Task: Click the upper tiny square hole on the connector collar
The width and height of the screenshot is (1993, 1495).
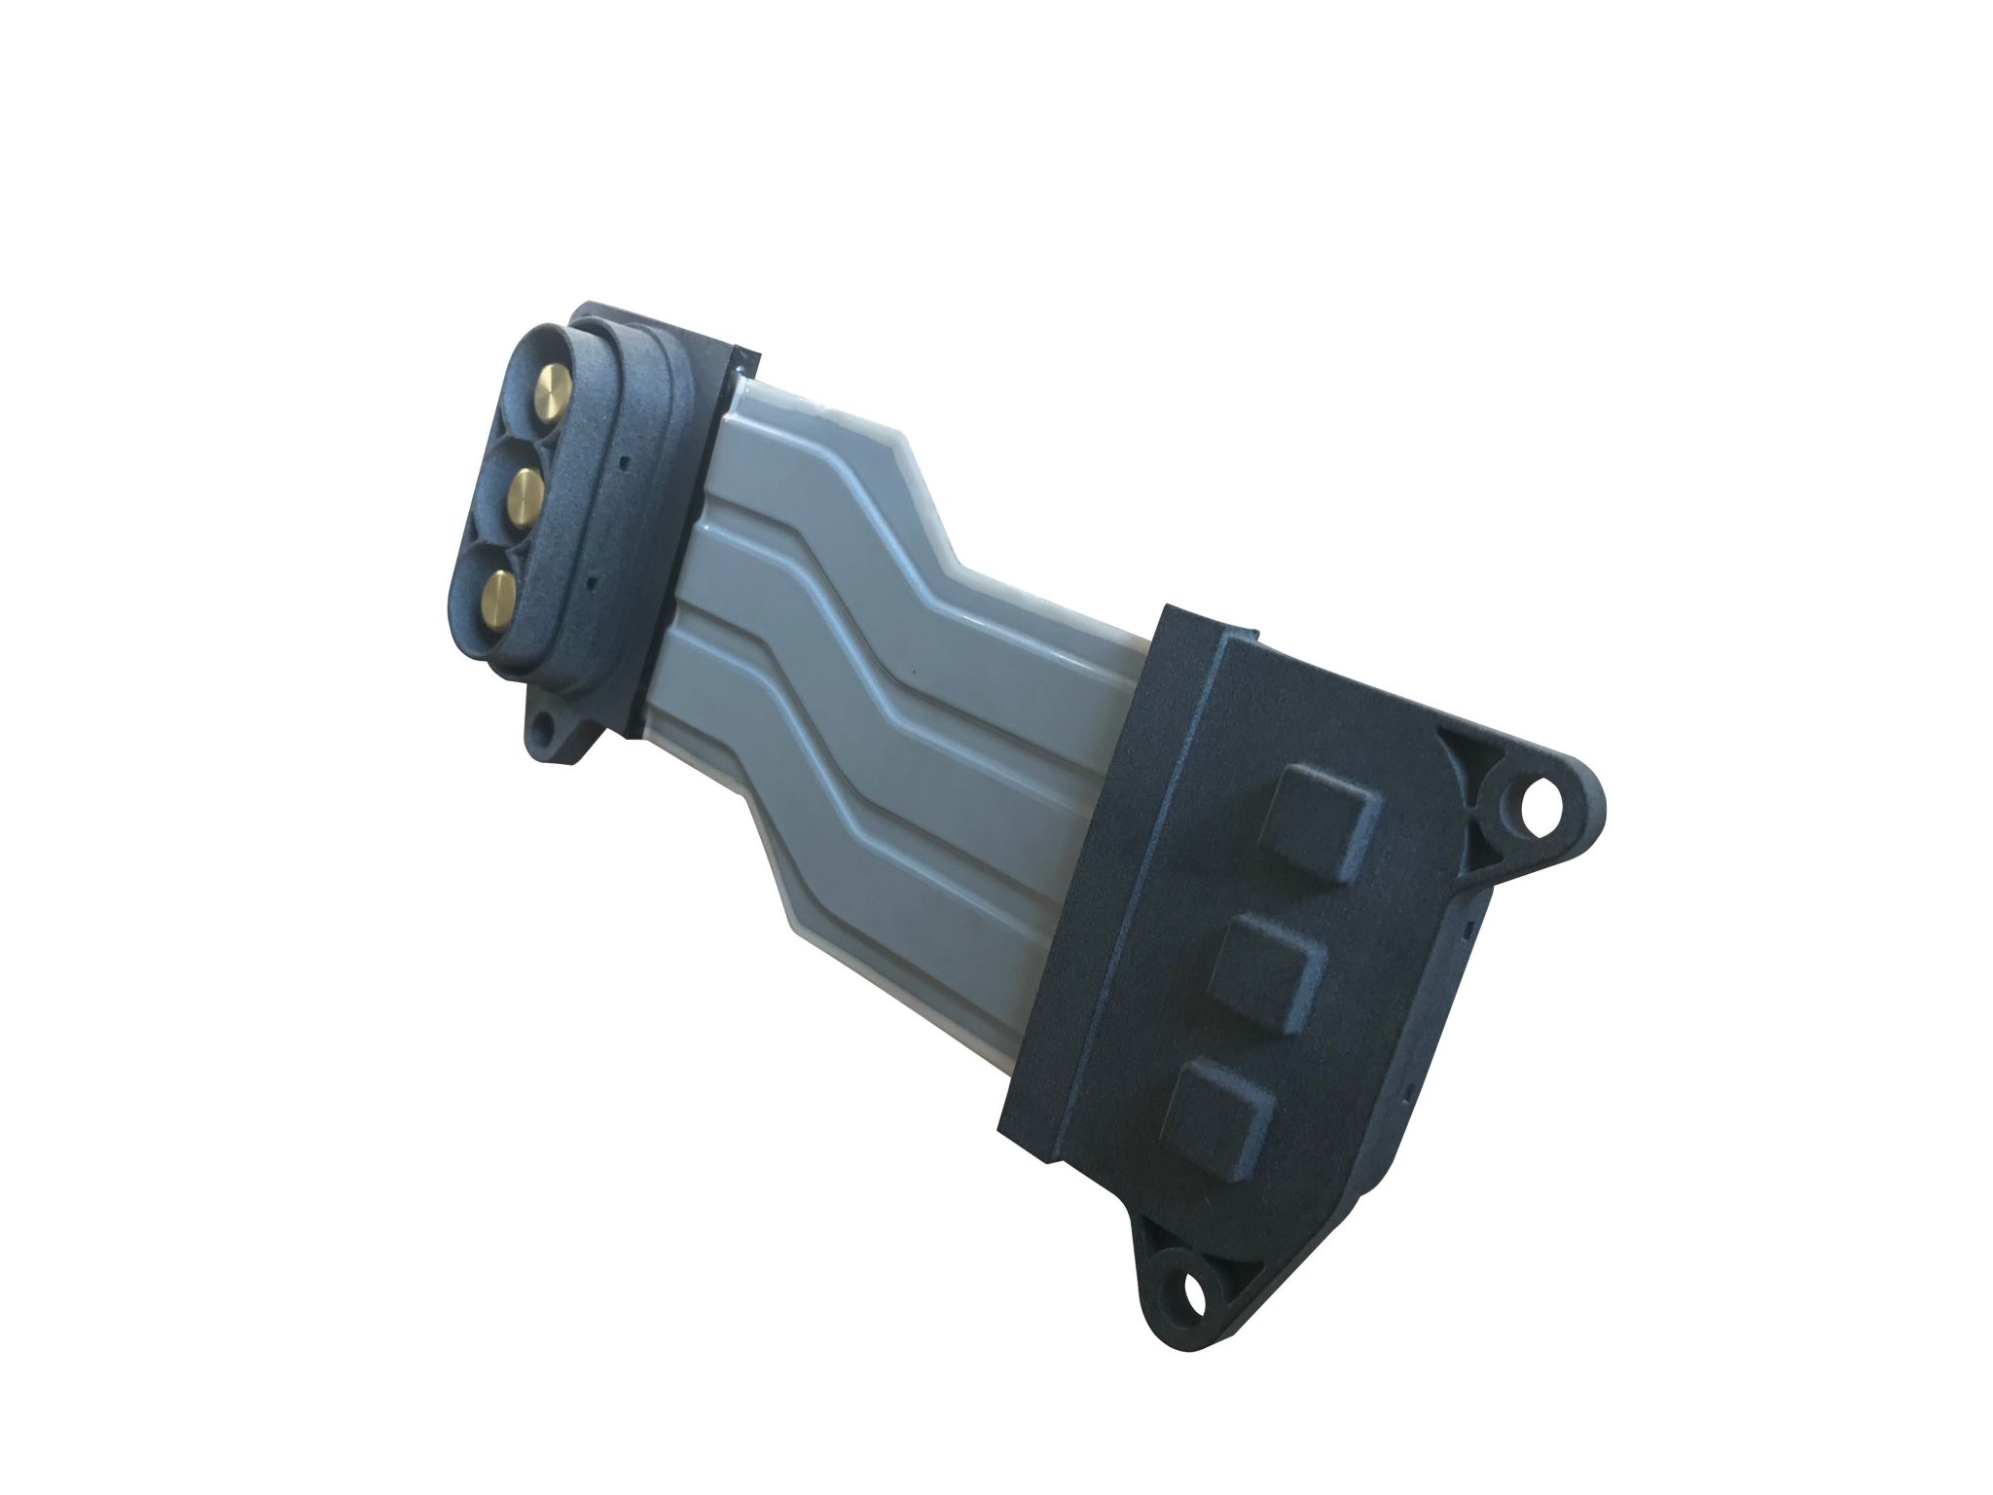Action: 623,457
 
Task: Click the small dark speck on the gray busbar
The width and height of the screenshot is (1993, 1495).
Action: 915,671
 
